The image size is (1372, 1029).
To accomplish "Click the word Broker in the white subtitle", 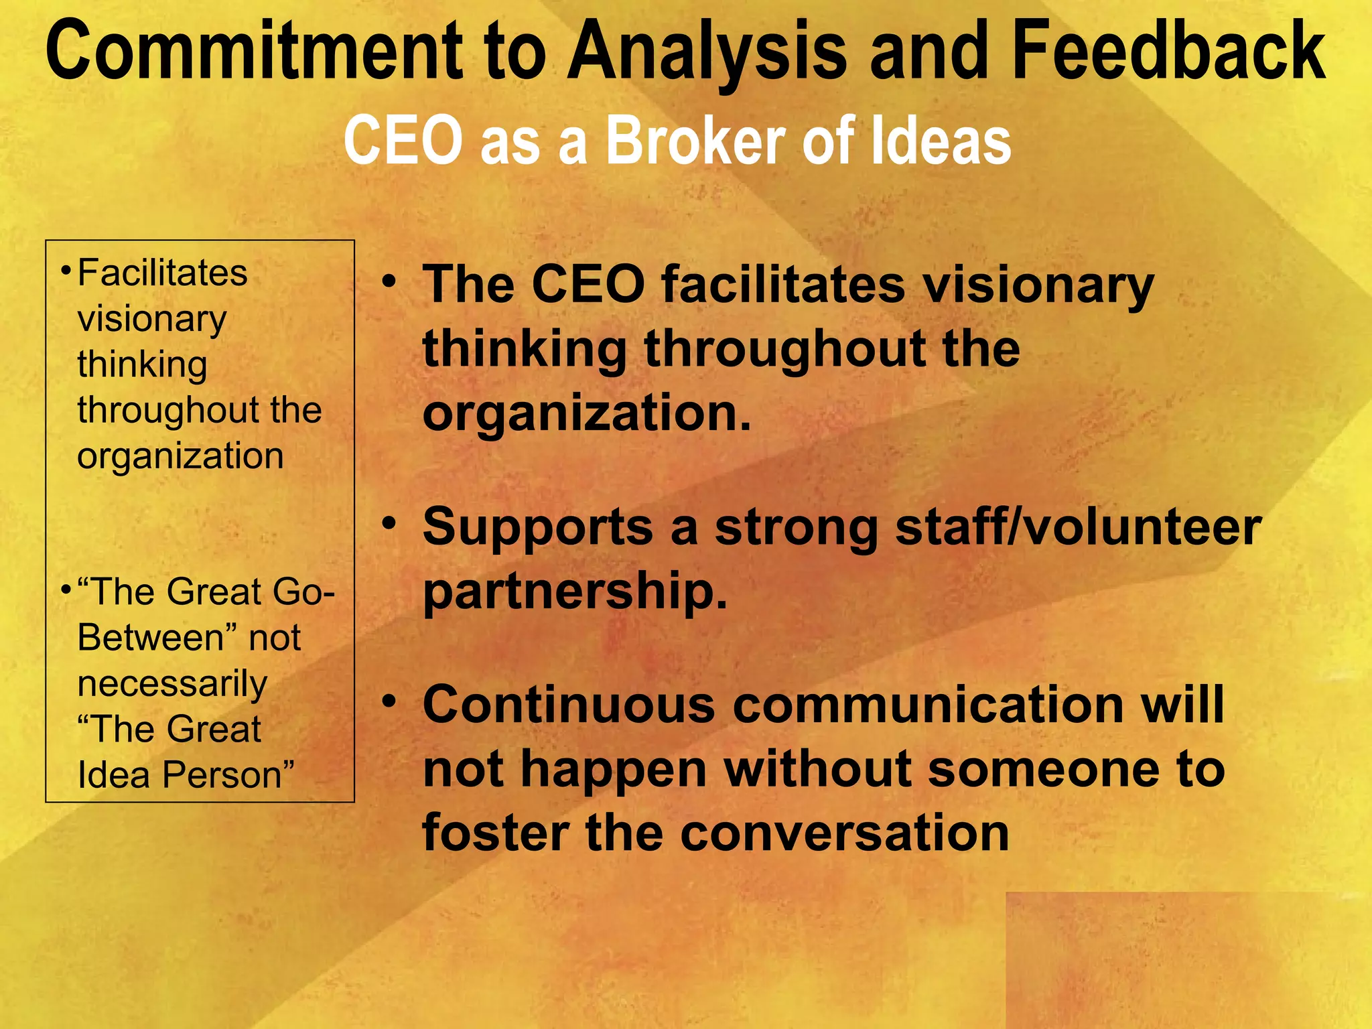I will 697,141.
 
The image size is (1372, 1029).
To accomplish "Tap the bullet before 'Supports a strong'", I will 389,523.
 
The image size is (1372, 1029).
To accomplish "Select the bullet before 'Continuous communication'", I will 389,701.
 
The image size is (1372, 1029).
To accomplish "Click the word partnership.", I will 575,592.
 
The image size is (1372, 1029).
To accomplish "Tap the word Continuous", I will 569,705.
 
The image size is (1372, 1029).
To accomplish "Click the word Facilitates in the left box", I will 162,273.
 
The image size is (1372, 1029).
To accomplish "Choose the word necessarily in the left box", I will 172,685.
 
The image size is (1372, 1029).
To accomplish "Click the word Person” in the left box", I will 228,776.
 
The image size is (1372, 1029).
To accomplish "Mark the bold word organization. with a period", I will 587,414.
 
